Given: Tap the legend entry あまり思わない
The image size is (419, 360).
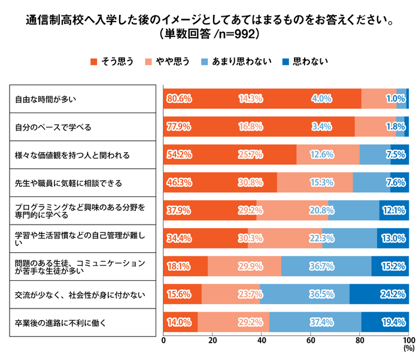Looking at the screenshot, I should (x=242, y=61).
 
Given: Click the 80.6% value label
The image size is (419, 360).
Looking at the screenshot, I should (x=180, y=98).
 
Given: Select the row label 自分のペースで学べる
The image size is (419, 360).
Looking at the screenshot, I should (x=53, y=126).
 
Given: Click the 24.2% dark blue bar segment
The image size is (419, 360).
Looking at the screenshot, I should (x=379, y=294).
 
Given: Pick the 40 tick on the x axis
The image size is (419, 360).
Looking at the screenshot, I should (x=262, y=340).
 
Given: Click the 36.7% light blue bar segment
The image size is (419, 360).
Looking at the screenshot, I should (x=326, y=266).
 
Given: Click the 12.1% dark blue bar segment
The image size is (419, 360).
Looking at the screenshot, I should (x=394, y=210).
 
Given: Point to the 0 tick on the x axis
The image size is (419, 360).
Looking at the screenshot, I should (x=164, y=340).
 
